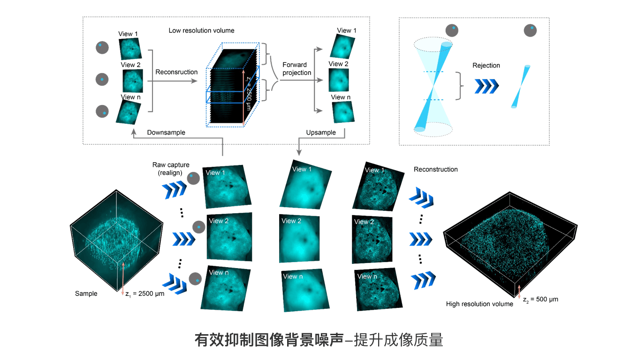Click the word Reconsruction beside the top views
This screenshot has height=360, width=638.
point(176,72)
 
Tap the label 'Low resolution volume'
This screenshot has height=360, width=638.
point(201,30)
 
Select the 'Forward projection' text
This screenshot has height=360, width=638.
point(296,68)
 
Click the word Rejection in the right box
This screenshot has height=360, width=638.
point(486,66)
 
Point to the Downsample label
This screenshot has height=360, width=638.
point(166,133)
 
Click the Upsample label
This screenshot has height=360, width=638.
point(321,133)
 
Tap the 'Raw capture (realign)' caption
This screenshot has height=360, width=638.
point(171,169)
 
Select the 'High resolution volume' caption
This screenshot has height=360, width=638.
point(479,304)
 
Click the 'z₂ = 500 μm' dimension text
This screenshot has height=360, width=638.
point(540,299)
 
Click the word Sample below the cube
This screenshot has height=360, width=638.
point(86,293)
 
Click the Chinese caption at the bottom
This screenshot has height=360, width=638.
point(319,340)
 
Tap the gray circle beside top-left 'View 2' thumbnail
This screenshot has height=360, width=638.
point(102,79)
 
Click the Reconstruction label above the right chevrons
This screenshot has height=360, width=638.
point(435,169)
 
